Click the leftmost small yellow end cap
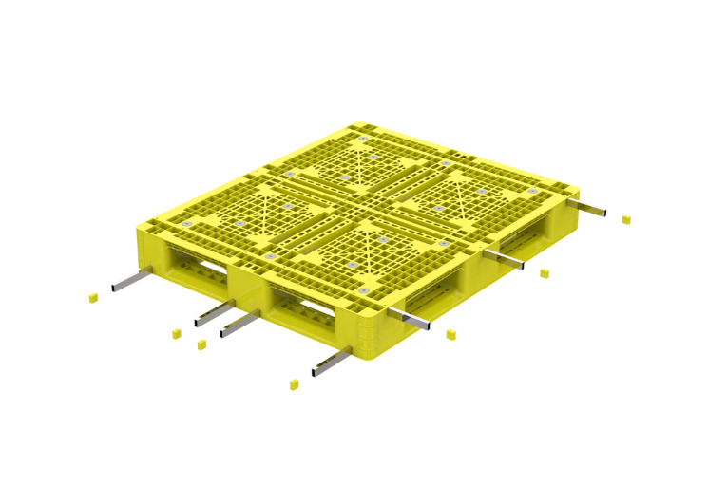[93, 298]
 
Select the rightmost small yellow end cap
[625, 220]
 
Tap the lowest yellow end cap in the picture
[294, 384]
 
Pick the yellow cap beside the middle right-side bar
[544, 273]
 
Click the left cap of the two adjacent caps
[176, 333]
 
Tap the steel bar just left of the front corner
[329, 361]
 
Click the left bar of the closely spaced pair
[215, 312]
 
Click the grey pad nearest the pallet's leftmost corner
[187, 224]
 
